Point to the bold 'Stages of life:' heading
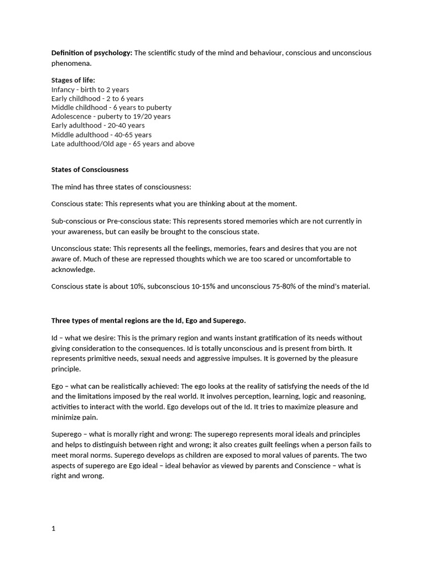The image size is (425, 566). click(x=73, y=80)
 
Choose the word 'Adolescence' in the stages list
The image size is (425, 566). click(x=71, y=117)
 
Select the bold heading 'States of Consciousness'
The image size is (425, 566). click(x=90, y=170)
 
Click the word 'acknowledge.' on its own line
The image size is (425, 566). click(x=73, y=269)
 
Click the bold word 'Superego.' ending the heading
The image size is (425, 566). click(x=229, y=321)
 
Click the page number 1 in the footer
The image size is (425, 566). click(x=54, y=528)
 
